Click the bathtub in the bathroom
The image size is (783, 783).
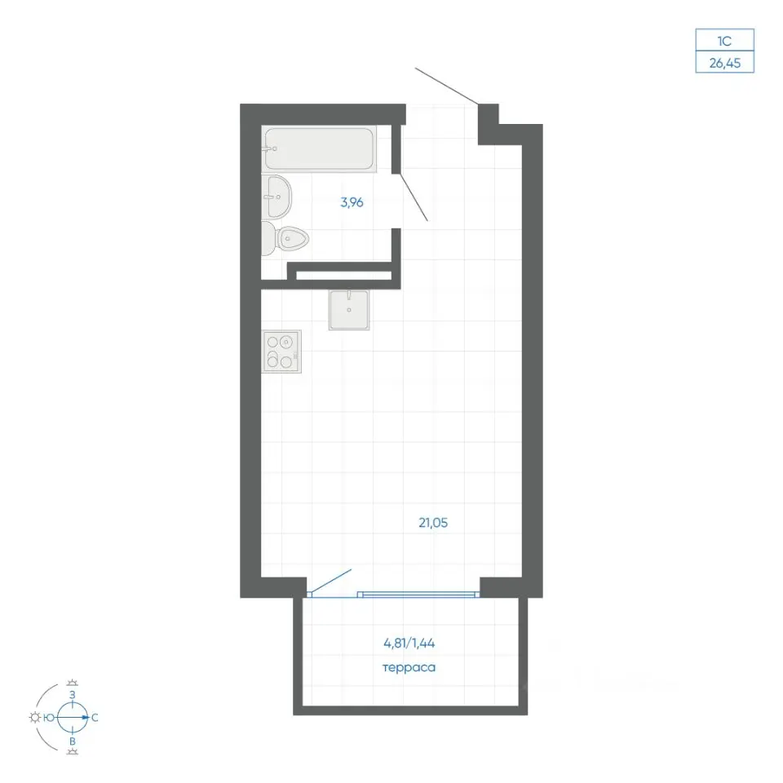319,148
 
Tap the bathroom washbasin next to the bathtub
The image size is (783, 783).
276,197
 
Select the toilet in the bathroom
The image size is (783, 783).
285,239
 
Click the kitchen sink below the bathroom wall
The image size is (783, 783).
349,310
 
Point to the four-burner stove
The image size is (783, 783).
282,351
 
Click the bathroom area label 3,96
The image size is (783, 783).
352,202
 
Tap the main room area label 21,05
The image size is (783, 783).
433,523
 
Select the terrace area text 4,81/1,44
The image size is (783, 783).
409,644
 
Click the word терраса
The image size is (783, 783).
409,668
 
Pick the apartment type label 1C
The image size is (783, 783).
724,41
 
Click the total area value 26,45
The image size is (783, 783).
724,64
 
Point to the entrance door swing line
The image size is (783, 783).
447,86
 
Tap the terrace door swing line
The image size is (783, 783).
330,582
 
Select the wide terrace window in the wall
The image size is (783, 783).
418,595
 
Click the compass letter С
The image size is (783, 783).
95,718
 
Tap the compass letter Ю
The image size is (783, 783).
48,718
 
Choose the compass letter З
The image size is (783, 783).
73,695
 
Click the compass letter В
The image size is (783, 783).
73,741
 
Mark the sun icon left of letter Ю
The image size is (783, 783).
35,718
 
